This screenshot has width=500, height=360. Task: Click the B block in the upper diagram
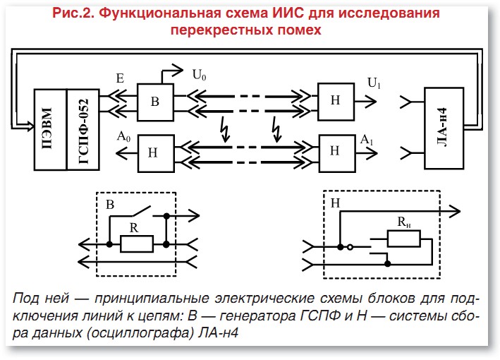point(156,100)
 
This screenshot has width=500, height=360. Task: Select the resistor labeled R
point(138,244)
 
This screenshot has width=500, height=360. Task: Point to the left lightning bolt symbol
point(224,131)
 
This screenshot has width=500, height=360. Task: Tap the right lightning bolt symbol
point(276,131)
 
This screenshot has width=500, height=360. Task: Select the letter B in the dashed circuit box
point(110,205)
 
